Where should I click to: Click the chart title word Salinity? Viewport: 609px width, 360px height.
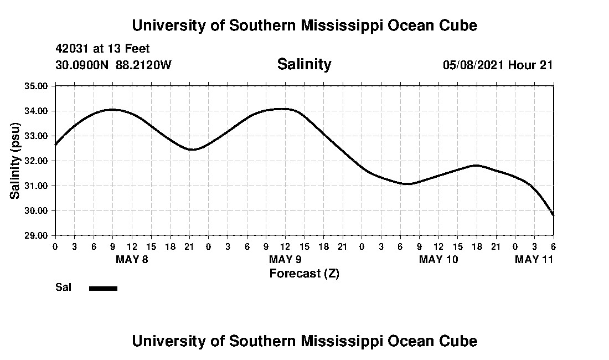(304, 64)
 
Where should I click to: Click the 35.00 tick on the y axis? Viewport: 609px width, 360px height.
(36, 86)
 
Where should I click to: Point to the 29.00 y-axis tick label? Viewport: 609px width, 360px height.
(36, 235)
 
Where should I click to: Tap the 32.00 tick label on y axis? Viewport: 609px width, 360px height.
(36, 161)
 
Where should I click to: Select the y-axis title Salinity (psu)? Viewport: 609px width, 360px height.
(16, 161)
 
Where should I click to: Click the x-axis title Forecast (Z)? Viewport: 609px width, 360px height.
(304, 273)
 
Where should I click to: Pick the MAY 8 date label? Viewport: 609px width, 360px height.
(132, 259)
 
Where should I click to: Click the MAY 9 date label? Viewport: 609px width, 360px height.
(285, 259)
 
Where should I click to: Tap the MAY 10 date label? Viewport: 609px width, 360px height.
(438, 259)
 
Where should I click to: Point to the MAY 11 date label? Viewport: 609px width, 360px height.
(534, 259)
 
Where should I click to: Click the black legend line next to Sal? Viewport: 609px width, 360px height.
(103, 288)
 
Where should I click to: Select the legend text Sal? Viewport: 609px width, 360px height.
(62, 287)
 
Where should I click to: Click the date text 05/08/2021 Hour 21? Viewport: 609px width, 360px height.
(498, 65)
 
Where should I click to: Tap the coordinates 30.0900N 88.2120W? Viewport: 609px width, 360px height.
(113, 65)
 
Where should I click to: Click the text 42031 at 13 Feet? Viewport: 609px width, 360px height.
(102, 49)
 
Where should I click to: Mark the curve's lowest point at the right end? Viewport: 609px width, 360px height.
(553, 215)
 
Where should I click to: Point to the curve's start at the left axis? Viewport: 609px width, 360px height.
(55, 145)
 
